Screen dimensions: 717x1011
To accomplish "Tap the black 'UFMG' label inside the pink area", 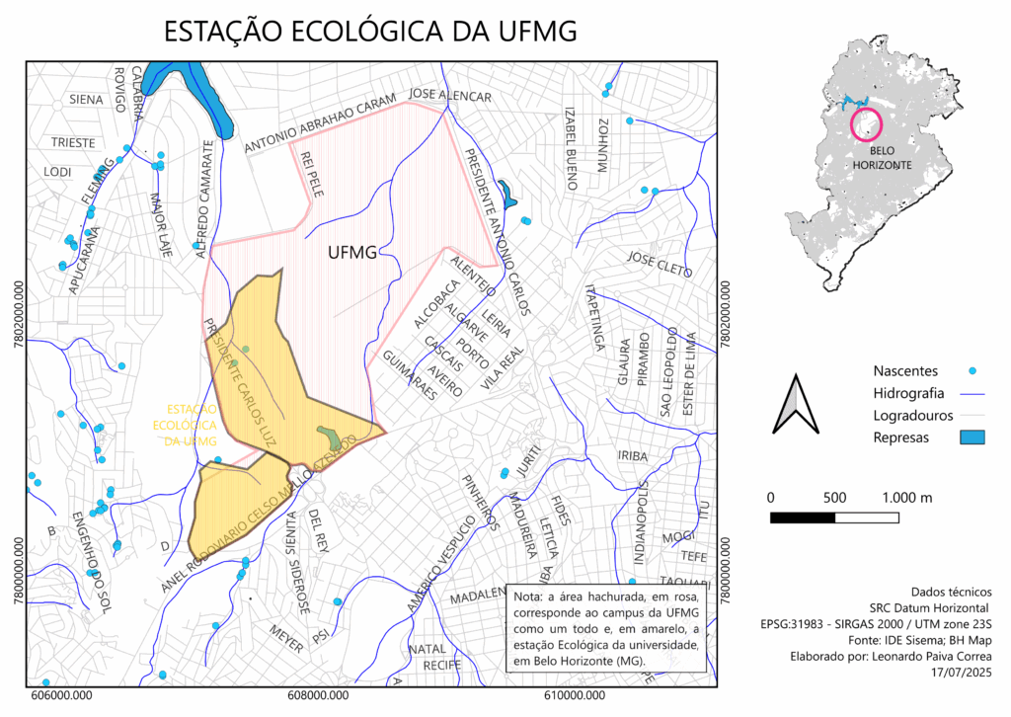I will [351, 253].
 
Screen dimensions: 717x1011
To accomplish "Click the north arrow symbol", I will [796, 404].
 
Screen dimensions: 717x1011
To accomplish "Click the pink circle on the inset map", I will [866, 123].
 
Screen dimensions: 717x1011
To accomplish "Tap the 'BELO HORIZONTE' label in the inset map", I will [883, 157].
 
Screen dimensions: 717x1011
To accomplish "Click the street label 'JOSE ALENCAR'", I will [450, 95].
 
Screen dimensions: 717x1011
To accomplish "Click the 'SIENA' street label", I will [86, 99].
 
